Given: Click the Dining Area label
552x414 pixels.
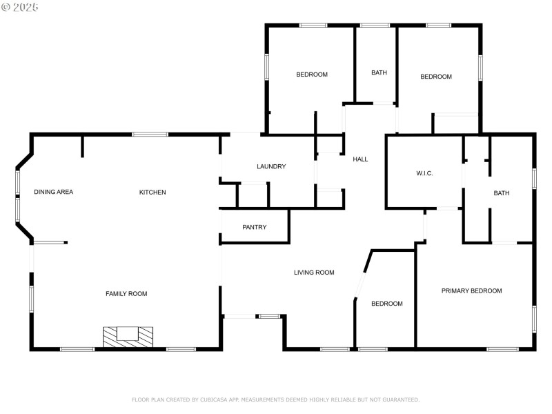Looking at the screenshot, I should tap(53, 192).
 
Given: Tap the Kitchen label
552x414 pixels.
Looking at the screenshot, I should tap(152, 192).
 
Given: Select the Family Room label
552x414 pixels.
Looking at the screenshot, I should tap(126, 294).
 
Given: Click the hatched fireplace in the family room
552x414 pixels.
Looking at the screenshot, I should tap(128, 336).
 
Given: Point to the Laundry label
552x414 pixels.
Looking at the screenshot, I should tap(271, 166).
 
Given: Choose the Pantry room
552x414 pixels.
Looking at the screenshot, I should tap(255, 228).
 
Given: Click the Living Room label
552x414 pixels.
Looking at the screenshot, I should tap(314, 273).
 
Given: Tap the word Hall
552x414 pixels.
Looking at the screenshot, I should tap(360, 159).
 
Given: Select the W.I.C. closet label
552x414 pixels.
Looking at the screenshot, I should tap(424, 172).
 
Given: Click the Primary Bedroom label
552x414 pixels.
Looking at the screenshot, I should tap(472, 291).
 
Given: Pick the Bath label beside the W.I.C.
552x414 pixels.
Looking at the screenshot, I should tap(502, 193).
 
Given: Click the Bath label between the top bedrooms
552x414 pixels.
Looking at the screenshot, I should tap(379, 72).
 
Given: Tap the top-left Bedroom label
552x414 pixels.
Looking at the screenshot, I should tap(312, 75).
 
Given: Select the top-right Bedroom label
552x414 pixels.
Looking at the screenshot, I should tap(436, 77).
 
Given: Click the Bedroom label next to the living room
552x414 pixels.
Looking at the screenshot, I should tap(386, 304).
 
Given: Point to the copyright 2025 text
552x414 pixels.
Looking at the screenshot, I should tap(20, 7).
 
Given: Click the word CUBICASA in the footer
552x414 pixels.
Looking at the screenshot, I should tap(215, 400).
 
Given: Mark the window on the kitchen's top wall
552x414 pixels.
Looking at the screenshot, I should tap(150, 134).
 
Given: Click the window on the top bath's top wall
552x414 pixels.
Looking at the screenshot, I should tap(375, 26).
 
